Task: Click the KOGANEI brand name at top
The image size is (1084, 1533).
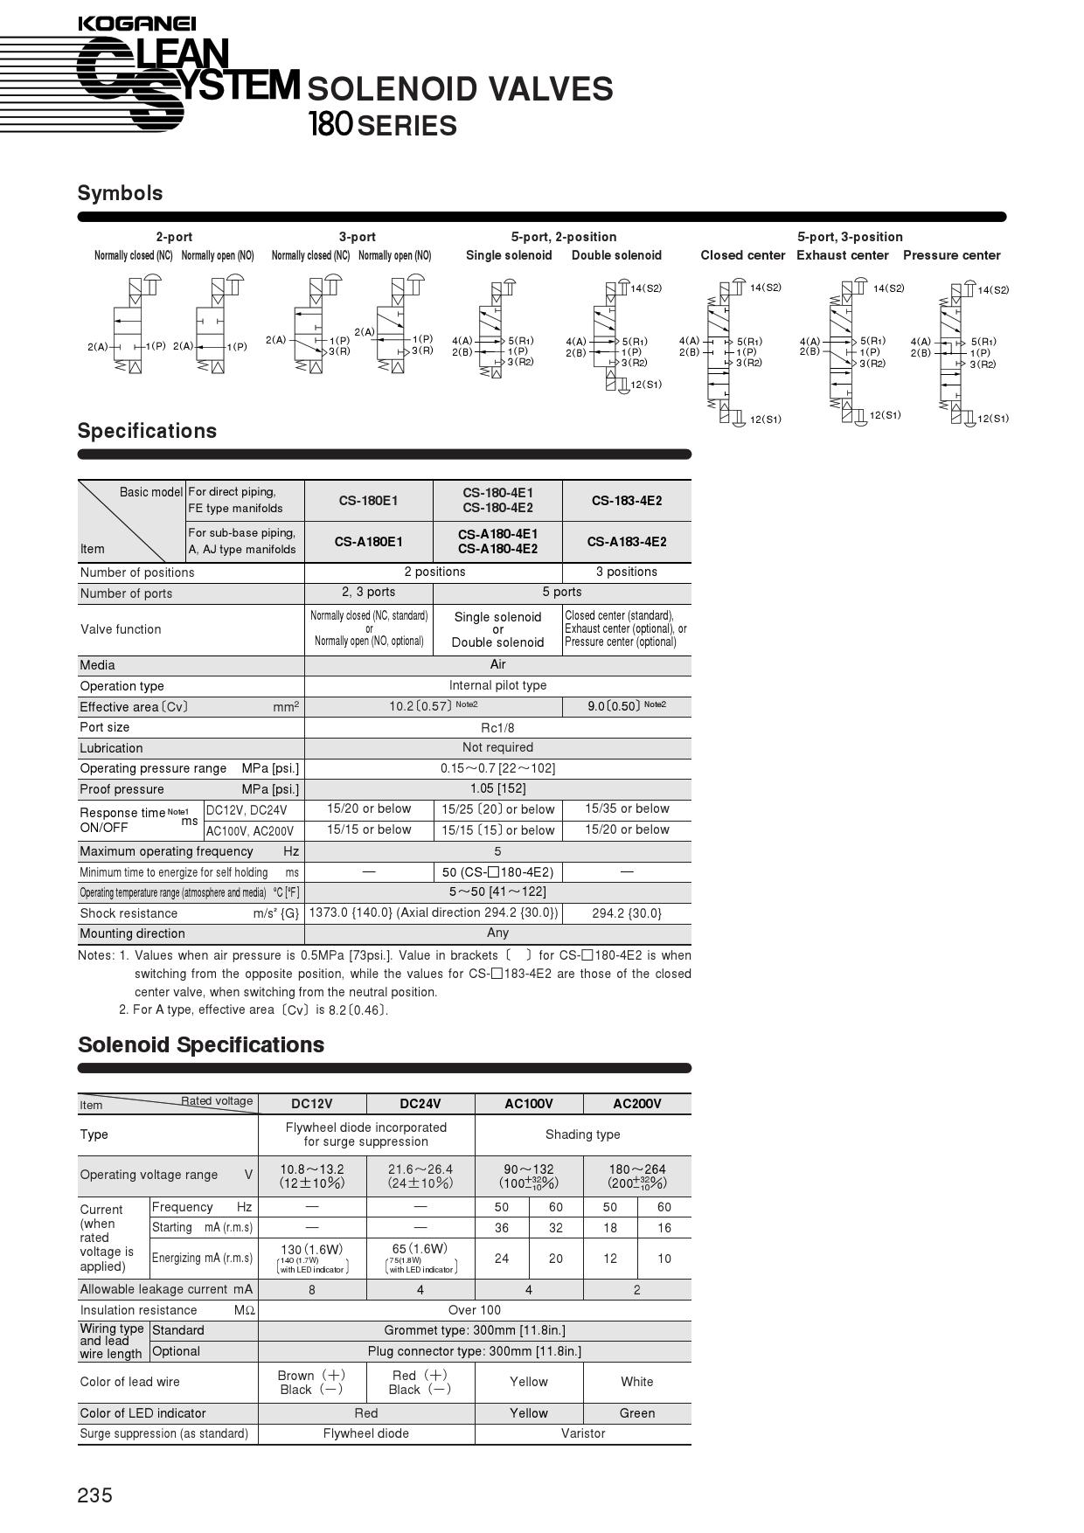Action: pyautogui.click(x=136, y=24)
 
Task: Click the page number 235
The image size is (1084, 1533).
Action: pyautogui.click(x=95, y=1495)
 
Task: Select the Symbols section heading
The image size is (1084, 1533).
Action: pyautogui.click(x=120, y=193)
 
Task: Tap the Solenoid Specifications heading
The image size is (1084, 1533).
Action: pyautogui.click(x=201, y=1044)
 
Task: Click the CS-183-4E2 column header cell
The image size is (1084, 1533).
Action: pyautogui.click(x=627, y=501)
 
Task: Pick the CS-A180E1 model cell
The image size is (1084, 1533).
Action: pyautogui.click(x=368, y=542)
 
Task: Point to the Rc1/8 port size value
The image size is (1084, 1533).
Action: pyautogui.click(x=497, y=727)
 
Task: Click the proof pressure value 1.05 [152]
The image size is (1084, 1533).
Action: pyautogui.click(x=497, y=788)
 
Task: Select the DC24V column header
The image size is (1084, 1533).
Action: pyautogui.click(x=420, y=1104)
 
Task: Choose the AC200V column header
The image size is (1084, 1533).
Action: pyautogui.click(x=636, y=1104)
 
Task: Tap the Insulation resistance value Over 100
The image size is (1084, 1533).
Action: pyautogui.click(x=475, y=1310)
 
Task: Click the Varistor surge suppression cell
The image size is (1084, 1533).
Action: pyautogui.click(x=583, y=1433)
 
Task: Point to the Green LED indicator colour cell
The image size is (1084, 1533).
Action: pyautogui.click(x=636, y=1413)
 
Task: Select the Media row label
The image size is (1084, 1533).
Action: pyautogui.click(x=98, y=665)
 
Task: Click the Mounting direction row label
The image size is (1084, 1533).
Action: pyautogui.click(x=132, y=933)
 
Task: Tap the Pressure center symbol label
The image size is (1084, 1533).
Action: pyautogui.click(x=951, y=255)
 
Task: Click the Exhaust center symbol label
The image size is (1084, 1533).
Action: pyautogui.click(x=842, y=255)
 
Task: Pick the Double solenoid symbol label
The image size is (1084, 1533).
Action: pyautogui.click(x=616, y=255)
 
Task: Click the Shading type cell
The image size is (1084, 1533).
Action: pyautogui.click(x=583, y=1134)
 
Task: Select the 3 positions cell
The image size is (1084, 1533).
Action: pyautogui.click(x=627, y=572)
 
